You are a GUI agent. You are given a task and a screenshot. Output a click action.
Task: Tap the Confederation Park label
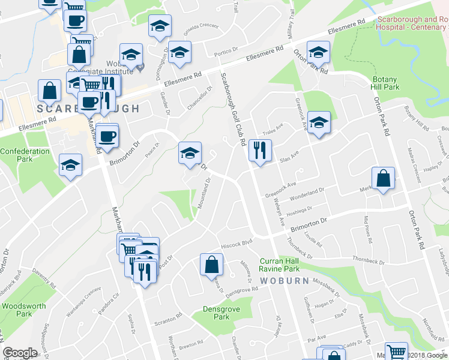click(25, 155)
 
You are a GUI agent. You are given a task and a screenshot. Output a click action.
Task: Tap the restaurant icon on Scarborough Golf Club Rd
click(260, 149)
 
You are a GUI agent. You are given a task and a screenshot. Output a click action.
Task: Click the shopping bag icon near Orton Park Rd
click(383, 178)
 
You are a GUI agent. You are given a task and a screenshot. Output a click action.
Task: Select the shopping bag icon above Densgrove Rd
click(211, 263)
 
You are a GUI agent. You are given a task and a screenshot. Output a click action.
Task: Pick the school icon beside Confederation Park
click(71, 164)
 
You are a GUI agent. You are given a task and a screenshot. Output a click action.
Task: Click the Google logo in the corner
click(20, 353)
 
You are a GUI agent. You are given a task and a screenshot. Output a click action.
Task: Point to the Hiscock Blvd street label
click(235, 244)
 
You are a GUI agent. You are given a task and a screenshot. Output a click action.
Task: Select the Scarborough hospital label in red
click(412, 23)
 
